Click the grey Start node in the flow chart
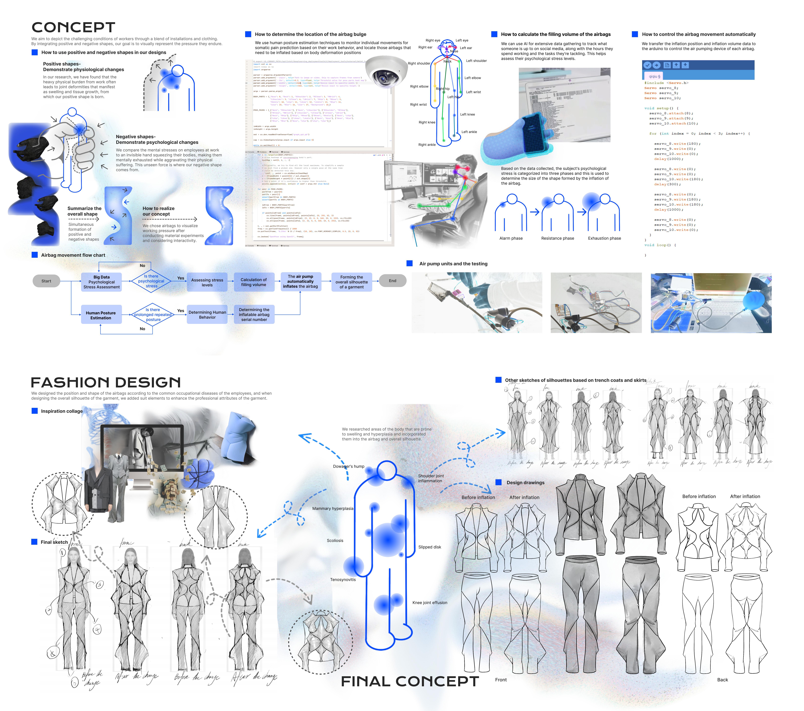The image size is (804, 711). click(x=46, y=281)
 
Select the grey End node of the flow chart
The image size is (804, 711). click(x=392, y=281)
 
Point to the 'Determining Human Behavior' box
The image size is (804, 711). click(x=207, y=315)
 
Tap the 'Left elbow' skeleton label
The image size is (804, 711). click(x=472, y=78)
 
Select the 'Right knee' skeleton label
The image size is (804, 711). click(x=427, y=122)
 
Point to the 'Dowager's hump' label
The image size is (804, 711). click(x=349, y=467)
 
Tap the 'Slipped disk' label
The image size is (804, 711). click(x=429, y=547)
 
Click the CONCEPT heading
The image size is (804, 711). click(x=74, y=28)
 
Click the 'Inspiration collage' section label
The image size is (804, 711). click(x=62, y=411)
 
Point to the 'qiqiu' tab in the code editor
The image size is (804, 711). click(x=654, y=76)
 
